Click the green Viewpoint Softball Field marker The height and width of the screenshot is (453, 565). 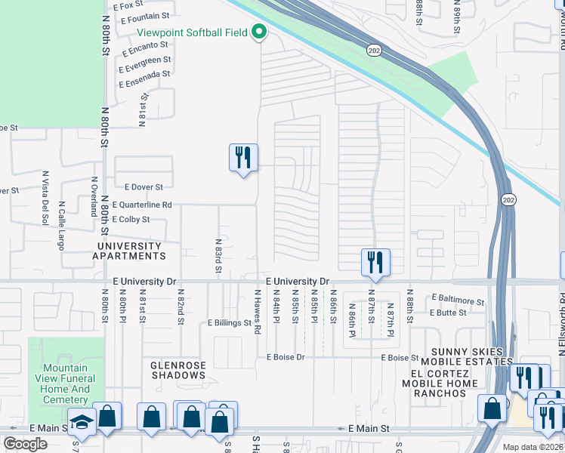point(259,32)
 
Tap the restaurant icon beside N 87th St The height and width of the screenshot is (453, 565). point(375,262)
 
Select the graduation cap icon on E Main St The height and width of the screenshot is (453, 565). point(82,421)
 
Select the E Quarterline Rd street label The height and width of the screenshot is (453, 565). point(142,205)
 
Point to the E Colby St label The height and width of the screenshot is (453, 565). point(131,219)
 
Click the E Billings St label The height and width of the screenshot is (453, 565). point(230,322)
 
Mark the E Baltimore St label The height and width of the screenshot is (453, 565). point(458,299)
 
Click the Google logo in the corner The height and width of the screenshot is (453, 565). point(25,443)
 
